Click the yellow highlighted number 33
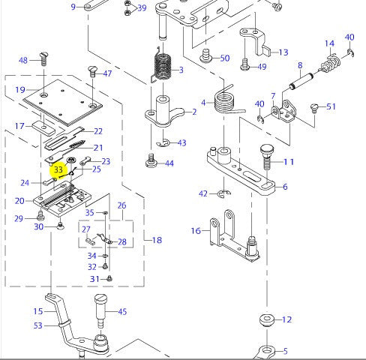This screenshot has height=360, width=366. (x=58, y=170)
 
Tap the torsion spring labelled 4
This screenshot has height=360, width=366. (x=223, y=100)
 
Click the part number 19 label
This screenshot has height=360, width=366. (x=20, y=90)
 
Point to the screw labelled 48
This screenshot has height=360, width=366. (x=43, y=58)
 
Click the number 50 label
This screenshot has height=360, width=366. (x=225, y=58)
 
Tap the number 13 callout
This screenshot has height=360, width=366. (x=283, y=52)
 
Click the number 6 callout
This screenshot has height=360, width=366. (x=284, y=187)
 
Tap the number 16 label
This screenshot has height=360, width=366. (x=196, y=231)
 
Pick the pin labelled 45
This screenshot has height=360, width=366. (x=101, y=307)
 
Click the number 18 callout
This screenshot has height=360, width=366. (x=157, y=240)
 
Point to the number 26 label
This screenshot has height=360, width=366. (x=121, y=205)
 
